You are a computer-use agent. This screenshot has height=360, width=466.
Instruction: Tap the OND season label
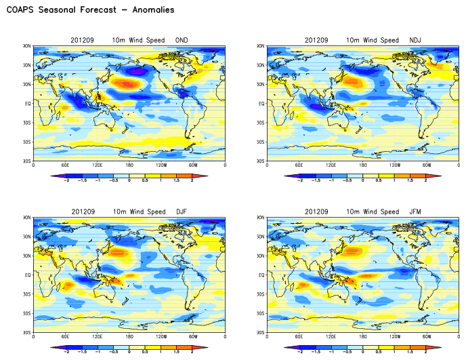point(181,40)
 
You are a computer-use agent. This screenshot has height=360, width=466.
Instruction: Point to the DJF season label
point(181,212)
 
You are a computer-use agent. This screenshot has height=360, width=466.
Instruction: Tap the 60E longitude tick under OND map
point(66,165)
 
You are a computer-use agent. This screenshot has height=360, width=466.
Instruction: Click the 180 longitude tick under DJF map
point(129,336)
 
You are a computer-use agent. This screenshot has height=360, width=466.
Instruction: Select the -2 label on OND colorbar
point(66,181)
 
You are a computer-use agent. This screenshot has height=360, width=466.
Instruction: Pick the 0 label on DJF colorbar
point(129,353)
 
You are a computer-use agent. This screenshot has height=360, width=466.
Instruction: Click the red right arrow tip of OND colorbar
point(206,176)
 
